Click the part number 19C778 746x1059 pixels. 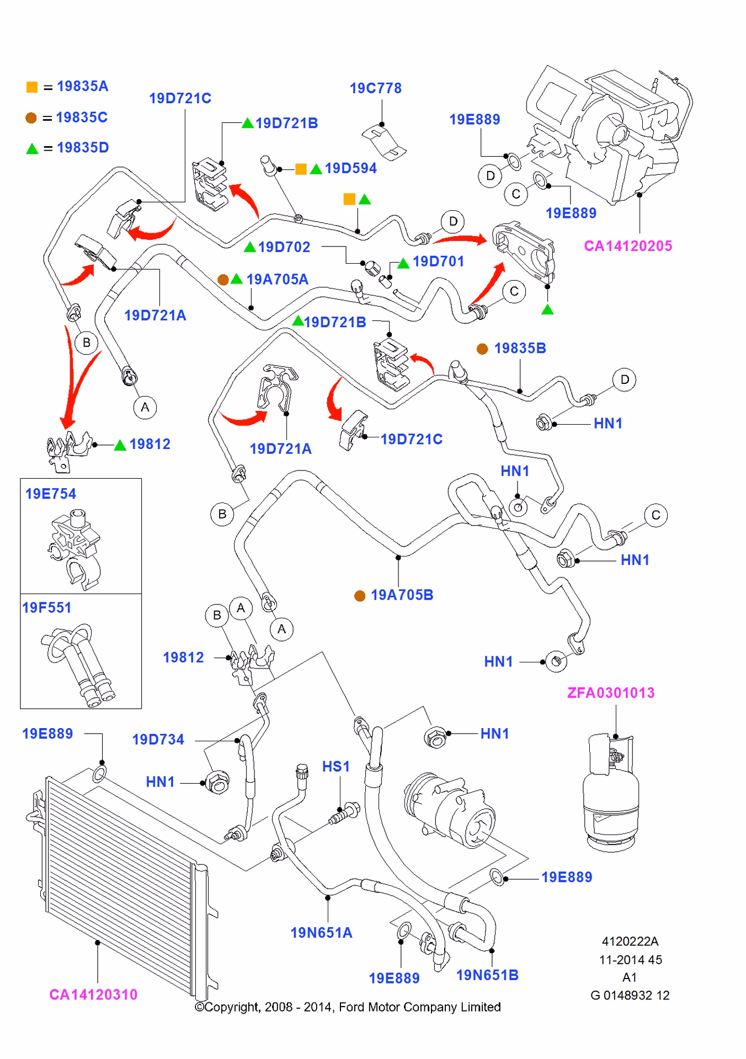375,88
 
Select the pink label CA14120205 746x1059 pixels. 628,246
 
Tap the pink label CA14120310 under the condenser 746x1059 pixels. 93,994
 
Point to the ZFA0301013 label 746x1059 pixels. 611,693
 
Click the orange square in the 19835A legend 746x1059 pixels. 32,87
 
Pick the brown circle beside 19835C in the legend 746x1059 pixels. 31,118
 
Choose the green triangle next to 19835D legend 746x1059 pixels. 32,148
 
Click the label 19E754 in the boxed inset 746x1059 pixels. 51,494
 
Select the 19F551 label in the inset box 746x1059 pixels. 47,608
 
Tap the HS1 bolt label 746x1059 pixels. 336,767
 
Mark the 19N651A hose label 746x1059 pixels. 321,933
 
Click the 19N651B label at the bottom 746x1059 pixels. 487,975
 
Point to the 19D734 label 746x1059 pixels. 158,740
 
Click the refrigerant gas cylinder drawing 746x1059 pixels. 610,789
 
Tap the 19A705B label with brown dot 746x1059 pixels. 402,595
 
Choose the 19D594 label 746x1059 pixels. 350,168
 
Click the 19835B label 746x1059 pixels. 520,349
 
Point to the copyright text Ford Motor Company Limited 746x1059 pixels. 348,1007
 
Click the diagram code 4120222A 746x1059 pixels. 630,942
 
